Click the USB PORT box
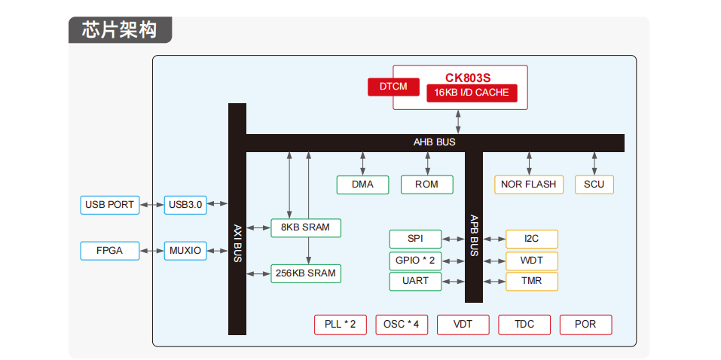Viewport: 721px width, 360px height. [x=110, y=204]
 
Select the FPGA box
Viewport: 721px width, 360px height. [x=110, y=251]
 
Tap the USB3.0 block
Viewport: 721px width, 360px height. [x=185, y=204]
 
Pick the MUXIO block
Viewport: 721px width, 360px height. [x=185, y=251]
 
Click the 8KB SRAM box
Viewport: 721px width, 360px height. [x=305, y=227]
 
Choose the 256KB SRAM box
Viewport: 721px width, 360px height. [x=305, y=273]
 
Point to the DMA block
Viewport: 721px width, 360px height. [x=362, y=185]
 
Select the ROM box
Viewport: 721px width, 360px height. [x=427, y=185]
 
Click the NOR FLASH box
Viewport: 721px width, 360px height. [x=529, y=185]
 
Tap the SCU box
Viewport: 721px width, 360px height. [x=594, y=185]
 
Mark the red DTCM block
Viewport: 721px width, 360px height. [x=393, y=87]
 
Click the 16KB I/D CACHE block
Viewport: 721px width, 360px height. [x=472, y=93]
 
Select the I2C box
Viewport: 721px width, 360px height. [x=532, y=239]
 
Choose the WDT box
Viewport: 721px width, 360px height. [x=532, y=261]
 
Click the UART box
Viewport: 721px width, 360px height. [x=415, y=281]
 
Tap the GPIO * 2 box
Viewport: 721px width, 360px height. [x=415, y=261]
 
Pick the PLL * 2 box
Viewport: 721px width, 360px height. [x=340, y=325]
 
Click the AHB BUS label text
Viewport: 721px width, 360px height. [x=434, y=142]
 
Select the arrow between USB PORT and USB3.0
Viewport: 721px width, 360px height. [x=151, y=204]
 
